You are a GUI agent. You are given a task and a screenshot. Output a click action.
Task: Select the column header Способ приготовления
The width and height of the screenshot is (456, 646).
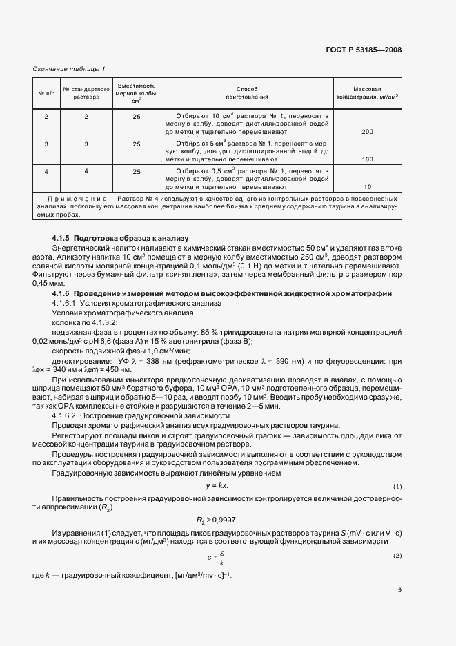pos(246,93)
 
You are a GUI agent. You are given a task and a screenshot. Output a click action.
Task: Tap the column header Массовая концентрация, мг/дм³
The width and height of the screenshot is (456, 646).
pos(367,93)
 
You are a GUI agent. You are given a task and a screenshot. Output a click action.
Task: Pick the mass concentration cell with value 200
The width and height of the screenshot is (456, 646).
pos(367,131)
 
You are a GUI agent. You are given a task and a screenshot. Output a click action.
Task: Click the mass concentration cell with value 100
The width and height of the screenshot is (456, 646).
pos(367,159)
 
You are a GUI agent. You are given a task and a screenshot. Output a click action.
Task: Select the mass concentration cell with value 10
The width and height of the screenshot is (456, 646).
pos(367,187)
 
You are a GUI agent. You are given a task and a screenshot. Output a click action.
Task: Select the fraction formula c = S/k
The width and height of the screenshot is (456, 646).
pos(216,556)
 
